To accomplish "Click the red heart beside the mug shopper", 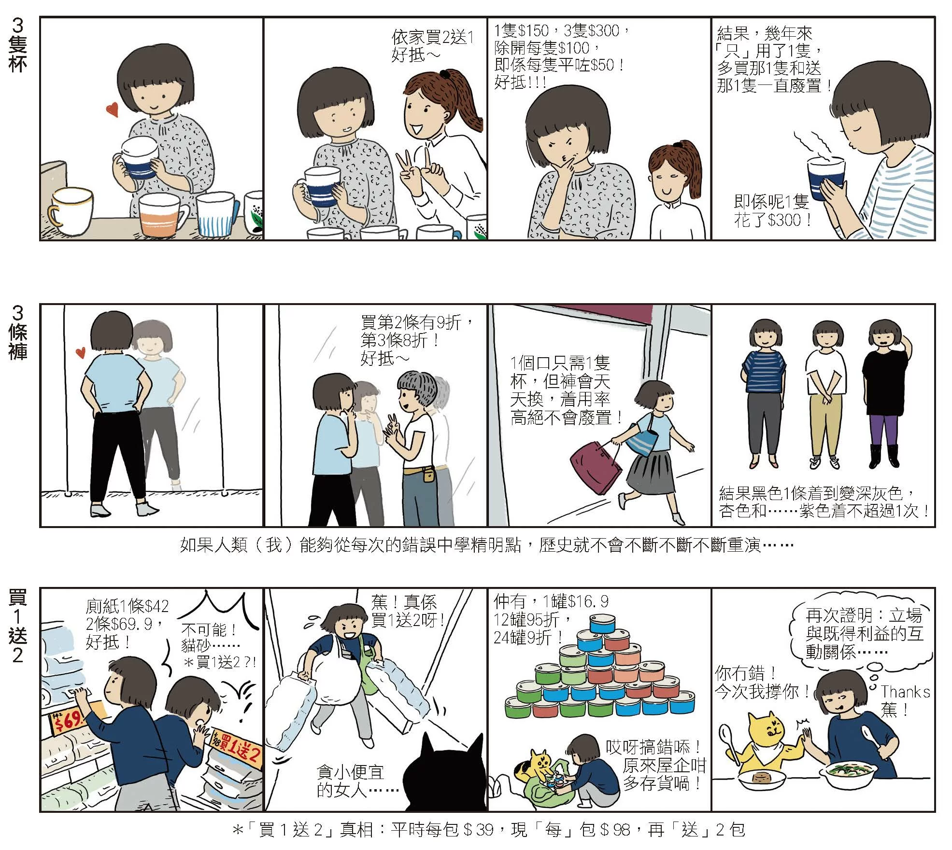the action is (x=113, y=111).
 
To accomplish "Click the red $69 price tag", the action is (x=67, y=721).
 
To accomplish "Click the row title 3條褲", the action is (x=17, y=332).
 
